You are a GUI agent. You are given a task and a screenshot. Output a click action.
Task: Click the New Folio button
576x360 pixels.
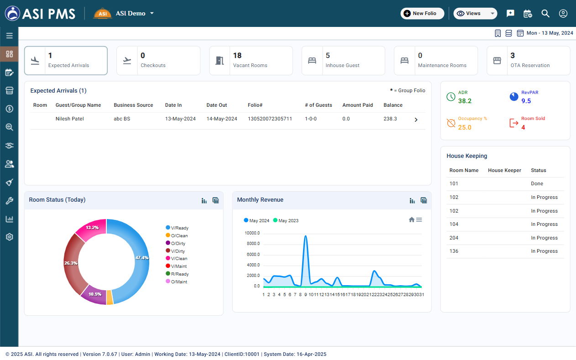pyautogui.click(x=422, y=13)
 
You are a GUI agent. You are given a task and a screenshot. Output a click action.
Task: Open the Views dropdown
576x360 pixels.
pyautogui.click(x=475, y=13)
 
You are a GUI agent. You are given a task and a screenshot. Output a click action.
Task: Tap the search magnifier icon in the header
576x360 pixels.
pyautogui.click(x=545, y=13)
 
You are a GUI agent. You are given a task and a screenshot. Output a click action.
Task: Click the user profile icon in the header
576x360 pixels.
pyautogui.click(x=563, y=13)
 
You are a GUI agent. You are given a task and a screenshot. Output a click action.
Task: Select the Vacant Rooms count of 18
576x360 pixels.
pyautogui.click(x=237, y=56)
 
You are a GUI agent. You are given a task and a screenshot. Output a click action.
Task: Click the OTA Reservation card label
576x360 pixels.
pyautogui.click(x=530, y=65)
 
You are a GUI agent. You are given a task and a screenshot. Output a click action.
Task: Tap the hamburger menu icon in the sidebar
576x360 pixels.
pyautogui.click(x=9, y=36)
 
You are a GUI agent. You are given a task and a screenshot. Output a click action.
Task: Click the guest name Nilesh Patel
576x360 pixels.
pyautogui.click(x=70, y=119)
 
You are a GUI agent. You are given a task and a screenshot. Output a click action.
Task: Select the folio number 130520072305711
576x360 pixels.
pyautogui.click(x=270, y=119)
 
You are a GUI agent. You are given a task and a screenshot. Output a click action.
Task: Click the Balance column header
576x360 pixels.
pyautogui.click(x=393, y=105)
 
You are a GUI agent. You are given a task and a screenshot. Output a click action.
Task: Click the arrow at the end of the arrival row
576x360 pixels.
pyautogui.click(x=416, y=120)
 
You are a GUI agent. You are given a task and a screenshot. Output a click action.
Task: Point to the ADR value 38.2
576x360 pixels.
pyautogui.click(x=465, y=101)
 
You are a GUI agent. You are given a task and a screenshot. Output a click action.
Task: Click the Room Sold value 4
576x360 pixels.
pyautogui.click(x=523, y=127)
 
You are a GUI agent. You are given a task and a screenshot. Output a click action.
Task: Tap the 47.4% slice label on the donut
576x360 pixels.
pyautogui.click(x=142, y=258)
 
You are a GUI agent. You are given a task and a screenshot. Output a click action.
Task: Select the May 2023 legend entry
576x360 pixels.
pyautogui.click(x=285, y=221)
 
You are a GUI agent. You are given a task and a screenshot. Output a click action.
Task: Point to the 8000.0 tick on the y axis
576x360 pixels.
pyautogui.click(x=253, y=244)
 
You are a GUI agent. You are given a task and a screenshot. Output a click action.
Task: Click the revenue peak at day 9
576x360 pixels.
pyautogui.click(x=305, y=236)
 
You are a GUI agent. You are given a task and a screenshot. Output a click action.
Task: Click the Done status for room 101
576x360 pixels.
pyautogui.click(x=537, y=183)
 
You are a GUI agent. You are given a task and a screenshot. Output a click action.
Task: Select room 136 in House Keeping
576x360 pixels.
pyautogui.click(x=454, y=251)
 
